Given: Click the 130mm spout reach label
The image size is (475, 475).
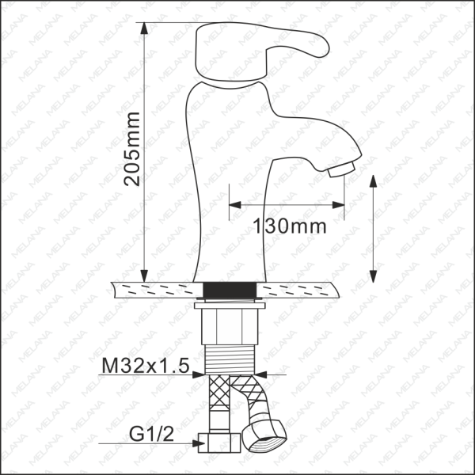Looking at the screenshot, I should [289, 226].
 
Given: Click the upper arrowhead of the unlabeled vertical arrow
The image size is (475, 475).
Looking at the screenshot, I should [374, 181].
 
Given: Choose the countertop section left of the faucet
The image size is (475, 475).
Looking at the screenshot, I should [154, 288].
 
